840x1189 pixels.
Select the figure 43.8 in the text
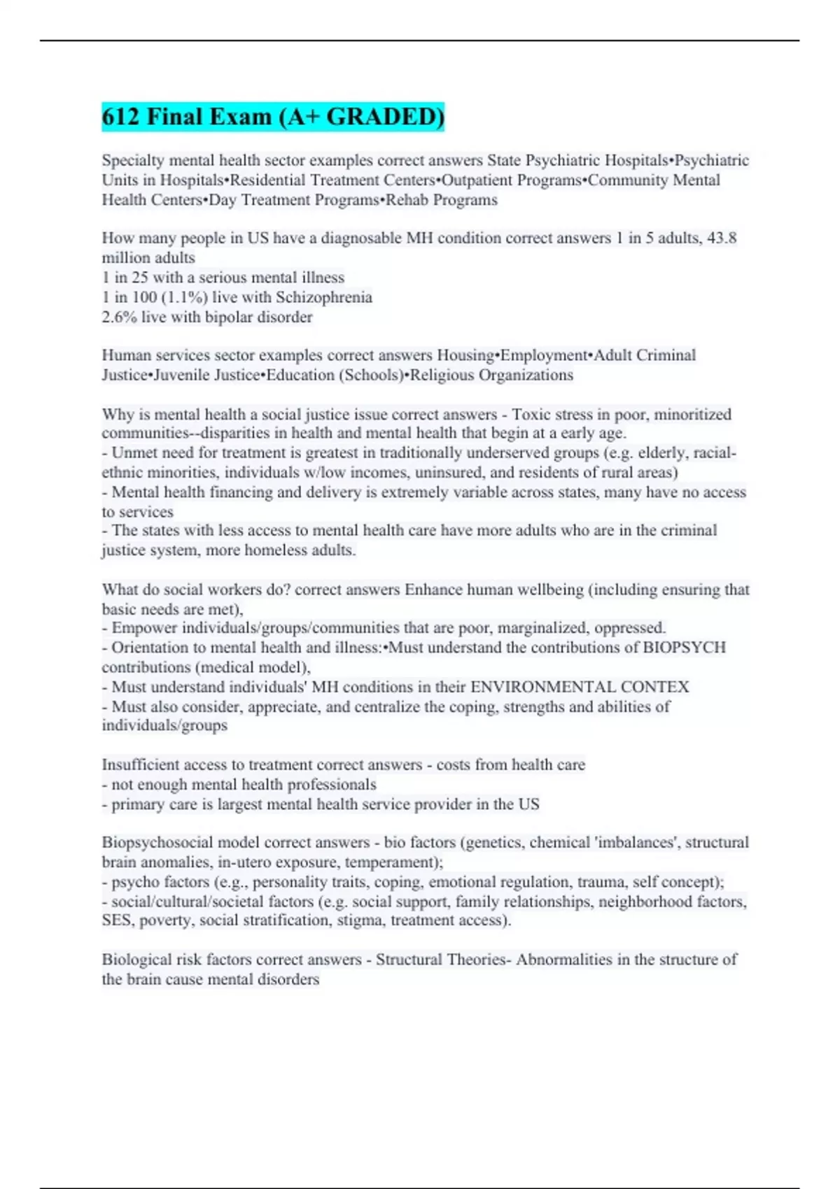pyautogui.click(x=722, y=238)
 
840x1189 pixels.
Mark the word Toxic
pyautogui.click(x=531, y=414)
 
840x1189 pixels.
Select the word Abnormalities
pyautogui.click(x=564, y=960)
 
